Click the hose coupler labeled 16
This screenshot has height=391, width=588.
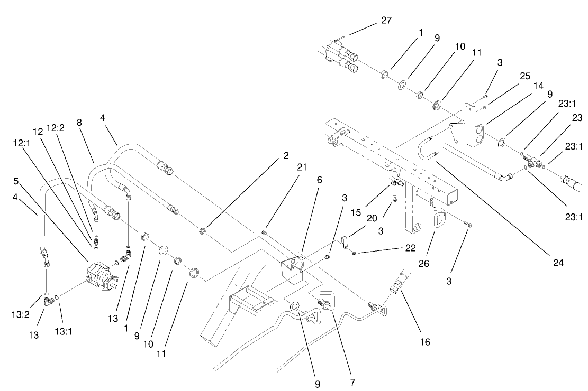coord(398,282)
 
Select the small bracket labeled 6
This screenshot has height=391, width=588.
coord(291,267)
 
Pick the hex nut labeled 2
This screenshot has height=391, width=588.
coord(202,231)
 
